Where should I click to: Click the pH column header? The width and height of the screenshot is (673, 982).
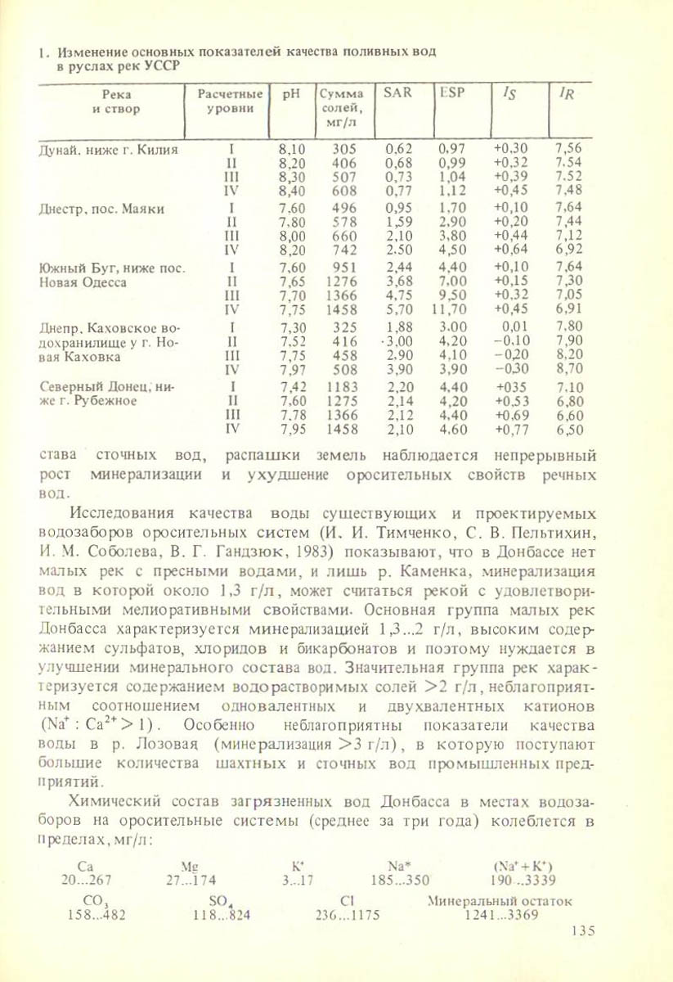(287, 94)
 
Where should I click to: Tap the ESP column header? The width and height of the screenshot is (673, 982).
(451, 93)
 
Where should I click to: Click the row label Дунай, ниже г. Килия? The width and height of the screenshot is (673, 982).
(109, 149)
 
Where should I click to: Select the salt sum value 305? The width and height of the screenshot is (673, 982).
(345, 149)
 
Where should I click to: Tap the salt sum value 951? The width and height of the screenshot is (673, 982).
(345, 267)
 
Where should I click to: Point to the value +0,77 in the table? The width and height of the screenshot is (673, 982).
(511, 429)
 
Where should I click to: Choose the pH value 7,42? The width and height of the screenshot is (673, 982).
(292, 385)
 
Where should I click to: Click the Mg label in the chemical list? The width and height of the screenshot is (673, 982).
(192, 865)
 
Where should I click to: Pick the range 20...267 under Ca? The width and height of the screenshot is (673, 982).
(86, 881)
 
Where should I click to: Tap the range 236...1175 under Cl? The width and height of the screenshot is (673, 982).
(348, 916)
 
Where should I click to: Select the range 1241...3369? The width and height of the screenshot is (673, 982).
(500, 916)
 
